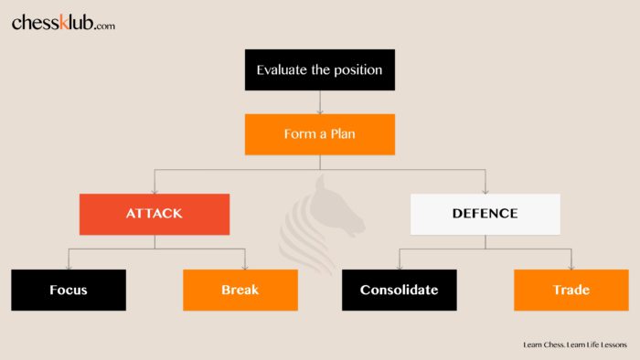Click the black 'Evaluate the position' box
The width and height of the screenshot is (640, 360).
pyautogui.click(x=319, y=69)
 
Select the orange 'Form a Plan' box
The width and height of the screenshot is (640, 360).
pyautogui.click(x=319, y=133)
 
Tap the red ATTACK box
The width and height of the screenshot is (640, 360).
pyautogui.click(x=154, y=214)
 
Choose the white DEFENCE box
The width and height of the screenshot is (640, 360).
pyautogui.click(x=485, y=214)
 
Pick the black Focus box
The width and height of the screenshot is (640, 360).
pyautogui.click(x=69, y=290)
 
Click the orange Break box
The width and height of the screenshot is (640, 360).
pyautogui.click(x=240, y=290)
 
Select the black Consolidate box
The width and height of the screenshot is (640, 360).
pyautogui.click(x=399, y=290)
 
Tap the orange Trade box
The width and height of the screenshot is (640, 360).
pyautogui.click(x=571, y=290)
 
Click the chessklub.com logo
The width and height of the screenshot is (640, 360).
pyautogui.click(x=63, y=24)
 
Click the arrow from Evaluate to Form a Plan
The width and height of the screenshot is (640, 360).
pyautogui.click(x=319, y=102)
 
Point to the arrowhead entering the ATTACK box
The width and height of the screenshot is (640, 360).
pyautogui.click(x=154, y=190)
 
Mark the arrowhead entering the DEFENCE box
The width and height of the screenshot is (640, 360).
pyautogui.click(x=485, y=190)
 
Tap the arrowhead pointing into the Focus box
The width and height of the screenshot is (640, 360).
pyautogui.click(x=69, y=266)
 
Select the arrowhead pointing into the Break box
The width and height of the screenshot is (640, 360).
pyautogui.click(x=245, y=266)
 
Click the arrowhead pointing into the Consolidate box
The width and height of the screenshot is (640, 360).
pyautogui.click(x=399, y=266)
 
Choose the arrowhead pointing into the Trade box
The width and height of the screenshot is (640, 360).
pyautogui.click(x=571, y=266)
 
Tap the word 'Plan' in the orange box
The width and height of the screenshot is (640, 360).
pyautogui.click(x=342, y=133)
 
